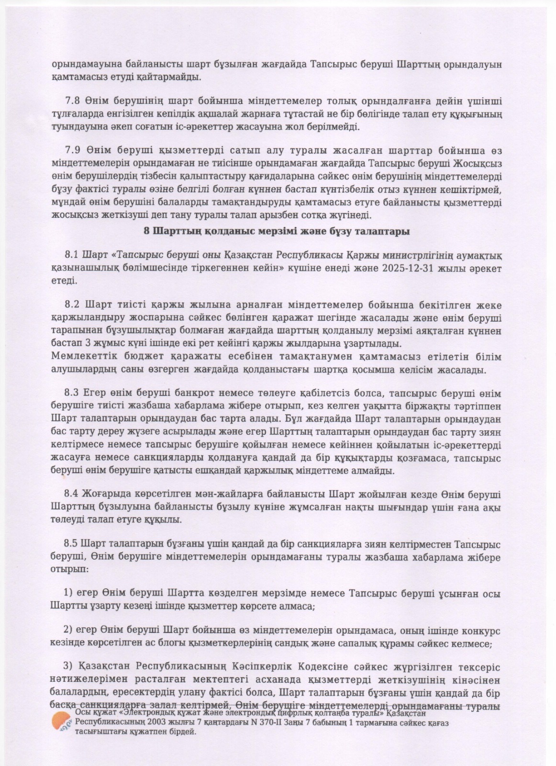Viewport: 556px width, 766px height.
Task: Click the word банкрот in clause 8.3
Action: [197, 394]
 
